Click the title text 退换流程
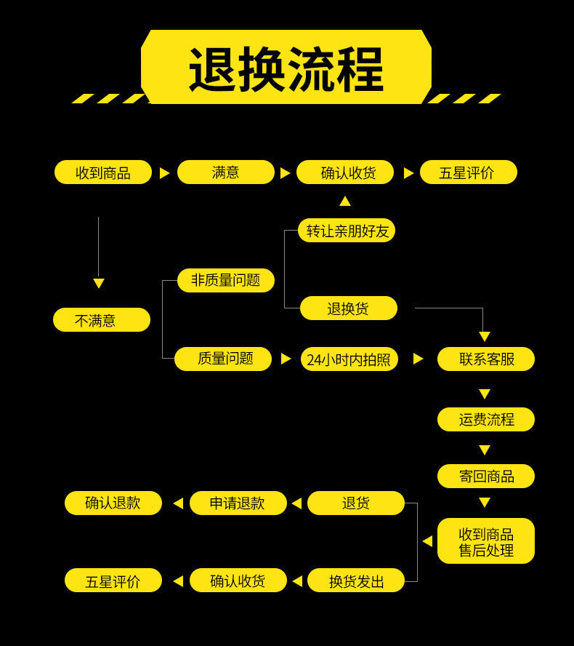pos(286,69)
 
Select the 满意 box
pos(226,172)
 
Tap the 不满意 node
pos(102,320)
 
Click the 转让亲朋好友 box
pos(347,231)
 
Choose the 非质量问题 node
pos(226,280)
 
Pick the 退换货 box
pos(349,308)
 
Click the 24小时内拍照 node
pos(349,359)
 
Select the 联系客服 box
pos(486,359)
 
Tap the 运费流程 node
pos(486,420)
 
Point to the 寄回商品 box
pos(486,476)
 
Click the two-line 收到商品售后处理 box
pos(486,541)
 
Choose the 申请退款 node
pos(238,503)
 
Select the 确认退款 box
pos(113,503)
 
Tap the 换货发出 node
pos(356,581)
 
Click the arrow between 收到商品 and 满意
pos(164,173)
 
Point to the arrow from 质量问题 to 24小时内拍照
pos(286,359)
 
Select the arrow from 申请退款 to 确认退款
pos(178,503)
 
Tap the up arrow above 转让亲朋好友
pos(345,201)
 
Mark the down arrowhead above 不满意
pos(99,283)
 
